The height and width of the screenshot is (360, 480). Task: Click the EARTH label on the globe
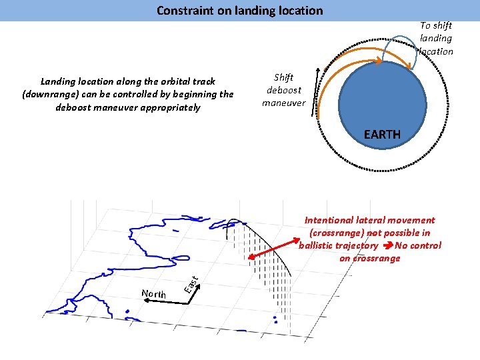pos(382,135)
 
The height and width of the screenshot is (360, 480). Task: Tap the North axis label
pos(154,293)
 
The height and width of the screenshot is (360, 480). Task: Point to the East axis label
pos(191,284)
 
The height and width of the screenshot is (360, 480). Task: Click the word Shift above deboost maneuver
pos(283,77)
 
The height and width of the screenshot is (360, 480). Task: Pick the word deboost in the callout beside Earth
pos(284,90)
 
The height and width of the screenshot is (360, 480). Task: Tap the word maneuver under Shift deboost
pos(283,103)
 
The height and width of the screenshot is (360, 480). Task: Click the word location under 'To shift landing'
pos(436,51)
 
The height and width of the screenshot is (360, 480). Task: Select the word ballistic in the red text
pos(320,245)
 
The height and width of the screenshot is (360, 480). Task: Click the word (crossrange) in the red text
pos(337,233)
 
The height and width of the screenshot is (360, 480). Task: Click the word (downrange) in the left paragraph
pos(52,94)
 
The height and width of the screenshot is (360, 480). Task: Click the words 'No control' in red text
pos(418,245)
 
